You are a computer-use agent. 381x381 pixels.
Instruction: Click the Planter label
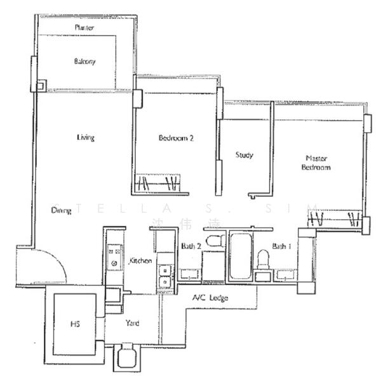84,28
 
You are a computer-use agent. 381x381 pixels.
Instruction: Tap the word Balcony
84,62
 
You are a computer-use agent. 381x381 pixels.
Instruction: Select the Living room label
86,137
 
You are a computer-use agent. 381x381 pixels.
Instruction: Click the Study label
244,155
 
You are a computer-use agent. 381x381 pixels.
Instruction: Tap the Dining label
62,210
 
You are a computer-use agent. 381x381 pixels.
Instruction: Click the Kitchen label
140,261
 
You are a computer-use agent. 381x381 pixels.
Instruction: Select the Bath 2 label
190,246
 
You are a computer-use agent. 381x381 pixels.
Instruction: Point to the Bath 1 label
282,246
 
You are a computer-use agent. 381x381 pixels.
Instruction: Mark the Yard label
133,323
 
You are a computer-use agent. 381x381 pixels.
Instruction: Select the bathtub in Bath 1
239,257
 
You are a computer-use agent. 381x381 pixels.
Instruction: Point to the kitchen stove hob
115,256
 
